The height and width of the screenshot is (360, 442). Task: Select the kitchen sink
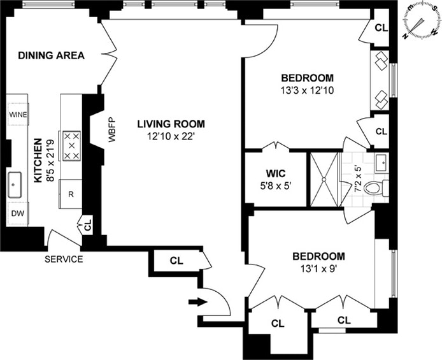pyautogui.click(x=15, y=185)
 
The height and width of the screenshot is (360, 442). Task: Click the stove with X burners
pyautogui.click(x=71, y=146)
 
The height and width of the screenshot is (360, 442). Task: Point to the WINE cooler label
pyautogui.click(x=18, y=115)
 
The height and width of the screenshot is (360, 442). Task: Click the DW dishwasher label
pyautogui.click(x=18, y=213)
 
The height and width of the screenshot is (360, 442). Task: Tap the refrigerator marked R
pyautogui.click(x=71, y=194)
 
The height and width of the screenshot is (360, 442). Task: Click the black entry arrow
pyautogui.click(x=198, y=301)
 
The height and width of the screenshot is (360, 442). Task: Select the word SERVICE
pyautogui.click(x=64, y=259)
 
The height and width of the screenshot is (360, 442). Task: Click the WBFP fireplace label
pyautogui.click(x=112, y=130)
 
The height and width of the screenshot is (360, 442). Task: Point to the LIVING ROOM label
pyautogui.click(x=171, y=124)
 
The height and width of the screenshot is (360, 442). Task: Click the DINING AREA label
pyautogui.click(x=52, y=55)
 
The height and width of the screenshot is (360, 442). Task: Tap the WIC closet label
pyautogui.click(x=275, y=173)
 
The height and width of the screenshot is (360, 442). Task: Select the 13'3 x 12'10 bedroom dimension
pyautogui.click(x=307, y=90)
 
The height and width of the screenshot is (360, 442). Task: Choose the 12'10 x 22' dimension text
pyautogui.click(x=171, y=137)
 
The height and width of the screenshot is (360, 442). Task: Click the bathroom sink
pyautogui.click(x=382, y=163)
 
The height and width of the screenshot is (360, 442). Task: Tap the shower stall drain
pyautogui.click(x=324, y=179)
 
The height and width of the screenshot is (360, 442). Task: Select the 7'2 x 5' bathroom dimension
pyautogui.click(x=357, y=179)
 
